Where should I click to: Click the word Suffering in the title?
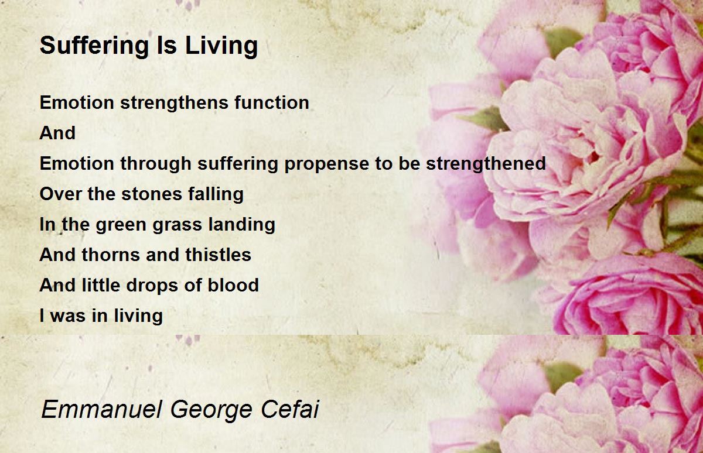94,46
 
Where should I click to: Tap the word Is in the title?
166,45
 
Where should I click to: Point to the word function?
271,102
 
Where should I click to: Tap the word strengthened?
486,164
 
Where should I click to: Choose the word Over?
60,194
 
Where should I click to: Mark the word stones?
152,194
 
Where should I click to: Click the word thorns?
111,255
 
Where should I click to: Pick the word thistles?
218,254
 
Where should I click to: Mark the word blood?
233,285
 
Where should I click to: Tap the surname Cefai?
289,409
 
